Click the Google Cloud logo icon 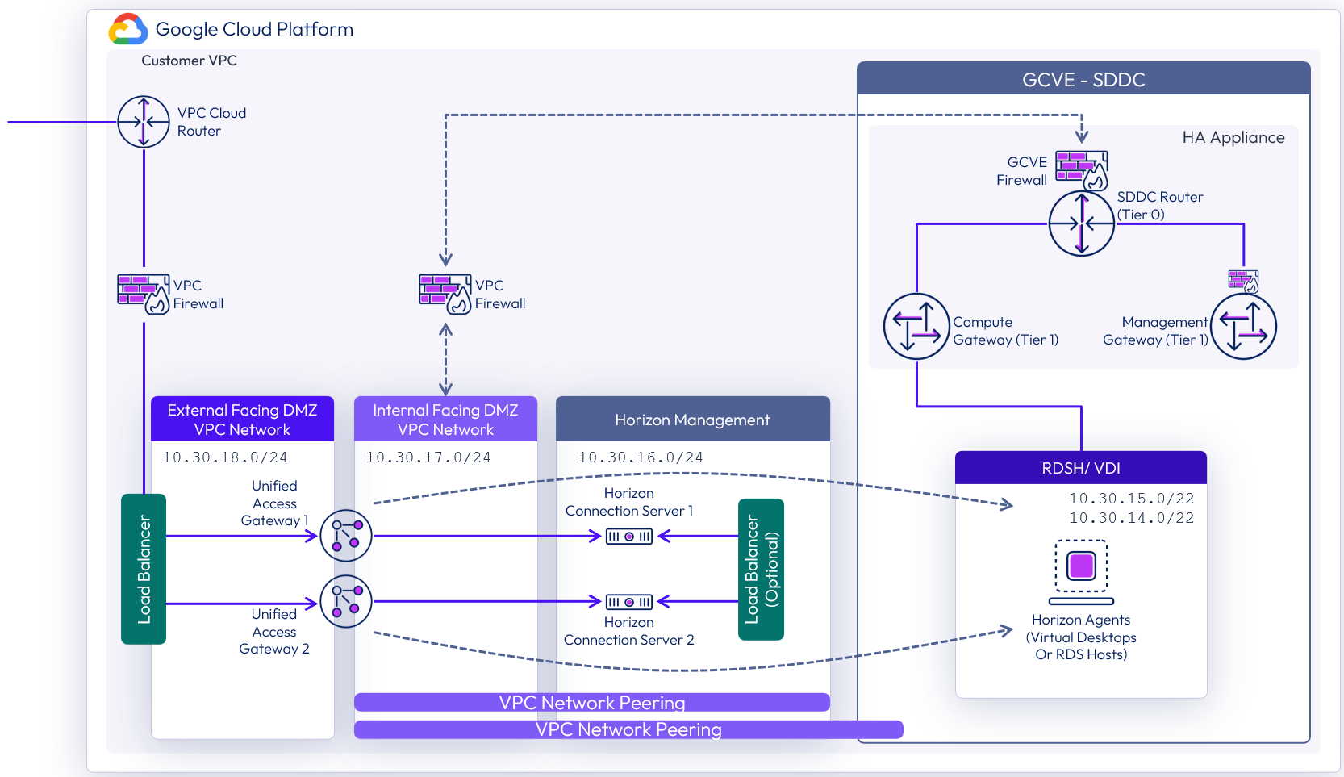tap(128, 29)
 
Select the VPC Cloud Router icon tap(144, 122)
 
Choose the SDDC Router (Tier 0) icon tap(1081, 223)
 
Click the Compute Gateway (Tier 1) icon tap(916, 326)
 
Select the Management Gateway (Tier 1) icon tap(1243, 326)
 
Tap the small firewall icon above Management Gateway tap(1243, 281)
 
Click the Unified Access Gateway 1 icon tap(346, 535)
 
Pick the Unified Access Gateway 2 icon tap(346, 601)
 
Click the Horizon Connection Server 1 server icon tap(629, 536)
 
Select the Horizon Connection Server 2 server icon tap(629, 602)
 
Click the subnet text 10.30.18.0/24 tap(225, 457)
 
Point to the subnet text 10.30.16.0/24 tap(641, 457)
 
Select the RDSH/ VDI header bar tap(1081, 468)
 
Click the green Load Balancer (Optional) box tap(761, 569)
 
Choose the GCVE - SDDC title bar tap(1083, 79)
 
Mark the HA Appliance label tap(1233, 137)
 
